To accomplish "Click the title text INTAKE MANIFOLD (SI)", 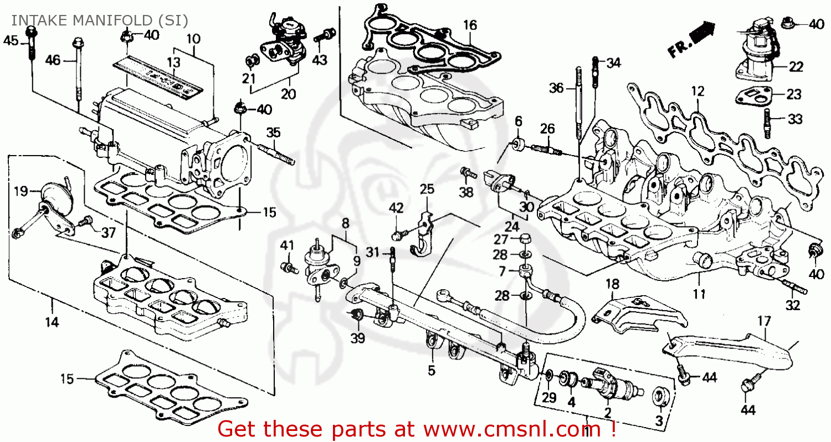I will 100,20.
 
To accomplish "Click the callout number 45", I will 11,40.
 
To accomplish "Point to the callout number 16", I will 470,25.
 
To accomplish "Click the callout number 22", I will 796,67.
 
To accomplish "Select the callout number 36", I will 556,88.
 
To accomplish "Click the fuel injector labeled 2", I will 607,382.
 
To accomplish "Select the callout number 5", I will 431,371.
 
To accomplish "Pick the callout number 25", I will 427,189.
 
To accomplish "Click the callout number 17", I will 764,320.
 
